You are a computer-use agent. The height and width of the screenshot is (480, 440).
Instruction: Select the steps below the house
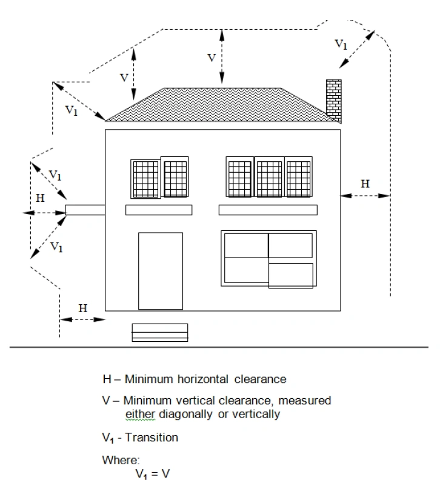[160, 332]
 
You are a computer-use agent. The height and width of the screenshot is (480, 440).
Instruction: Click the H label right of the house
[365, 184]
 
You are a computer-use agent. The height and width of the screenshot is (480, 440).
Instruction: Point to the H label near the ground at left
[83, 307]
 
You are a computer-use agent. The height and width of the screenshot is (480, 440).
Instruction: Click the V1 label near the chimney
[341, 44]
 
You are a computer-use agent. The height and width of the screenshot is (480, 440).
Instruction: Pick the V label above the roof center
[212, 58]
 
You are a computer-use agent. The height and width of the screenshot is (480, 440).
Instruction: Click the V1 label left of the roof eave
[71, 110]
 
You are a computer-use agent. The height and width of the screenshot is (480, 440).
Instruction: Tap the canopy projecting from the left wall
[85, 210]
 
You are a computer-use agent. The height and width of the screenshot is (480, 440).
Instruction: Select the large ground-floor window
[268, 258]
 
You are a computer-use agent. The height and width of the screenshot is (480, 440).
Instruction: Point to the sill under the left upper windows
[159, 210]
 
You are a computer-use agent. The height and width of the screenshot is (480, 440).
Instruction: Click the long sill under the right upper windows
[268, 210]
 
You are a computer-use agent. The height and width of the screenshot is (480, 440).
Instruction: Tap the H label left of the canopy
[40, 198]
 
